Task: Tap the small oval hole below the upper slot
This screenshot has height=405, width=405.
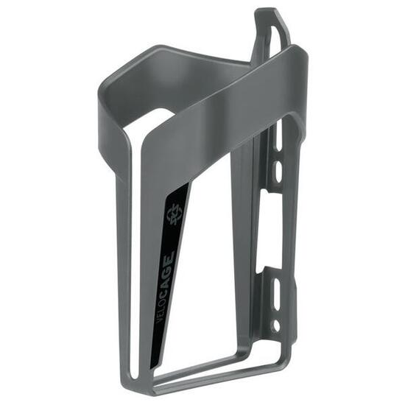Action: click(x=278, y=172)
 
